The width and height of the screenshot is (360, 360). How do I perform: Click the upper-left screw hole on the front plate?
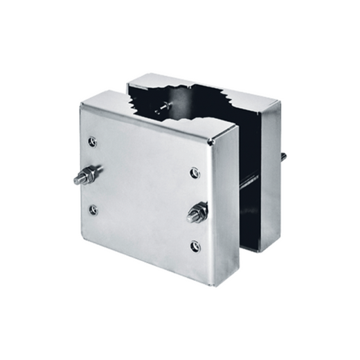(93, 142)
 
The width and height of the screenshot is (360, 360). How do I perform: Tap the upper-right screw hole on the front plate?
(195, 172)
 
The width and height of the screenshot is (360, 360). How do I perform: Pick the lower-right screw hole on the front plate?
(196, 245)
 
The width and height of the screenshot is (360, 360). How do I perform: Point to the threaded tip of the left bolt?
(78, 179)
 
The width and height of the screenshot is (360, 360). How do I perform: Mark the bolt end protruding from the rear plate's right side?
(283, 156)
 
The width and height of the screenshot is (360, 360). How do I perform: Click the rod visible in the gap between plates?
(248, 182)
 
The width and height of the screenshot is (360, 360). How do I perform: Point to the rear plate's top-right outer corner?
(280, 104)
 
